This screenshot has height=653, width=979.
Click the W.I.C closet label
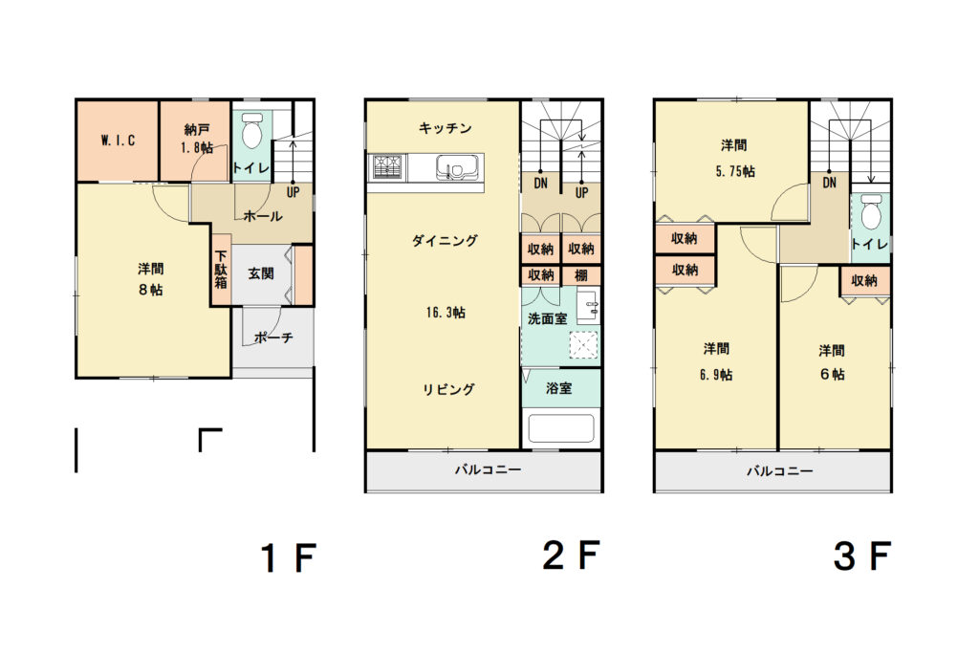118,141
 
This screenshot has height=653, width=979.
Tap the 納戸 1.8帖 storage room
195,141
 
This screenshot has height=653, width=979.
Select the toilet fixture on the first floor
251,130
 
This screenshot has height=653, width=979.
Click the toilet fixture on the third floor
871,212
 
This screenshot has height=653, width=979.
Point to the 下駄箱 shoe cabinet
221,269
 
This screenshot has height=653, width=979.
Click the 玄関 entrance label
261,273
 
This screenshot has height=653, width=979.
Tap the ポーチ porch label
273,337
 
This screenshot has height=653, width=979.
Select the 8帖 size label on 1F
150,291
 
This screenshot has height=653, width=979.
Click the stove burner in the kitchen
388,167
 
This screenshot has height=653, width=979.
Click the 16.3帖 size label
446,312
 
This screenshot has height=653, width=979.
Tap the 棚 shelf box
581,275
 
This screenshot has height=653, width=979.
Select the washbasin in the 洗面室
588,306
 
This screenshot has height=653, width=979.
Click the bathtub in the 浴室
560,428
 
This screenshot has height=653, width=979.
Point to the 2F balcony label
488,469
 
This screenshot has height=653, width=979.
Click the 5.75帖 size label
735,171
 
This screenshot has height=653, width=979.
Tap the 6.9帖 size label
715,375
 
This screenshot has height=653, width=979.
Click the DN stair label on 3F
829,183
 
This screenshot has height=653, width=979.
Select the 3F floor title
861,555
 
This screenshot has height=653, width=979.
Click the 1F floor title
289,557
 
